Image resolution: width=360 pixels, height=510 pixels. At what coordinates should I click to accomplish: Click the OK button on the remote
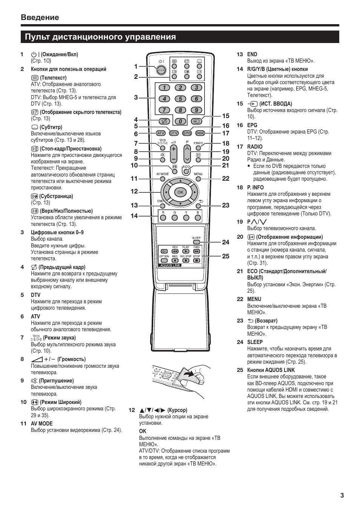pos(180,192)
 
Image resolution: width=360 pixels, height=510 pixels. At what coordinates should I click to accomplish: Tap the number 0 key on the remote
pos(180,121)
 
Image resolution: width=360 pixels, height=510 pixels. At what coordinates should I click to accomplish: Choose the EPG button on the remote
pos(187,133)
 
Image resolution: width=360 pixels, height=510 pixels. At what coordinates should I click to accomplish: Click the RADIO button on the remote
pos(200,133)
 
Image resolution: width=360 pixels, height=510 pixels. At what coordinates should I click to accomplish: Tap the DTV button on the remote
pos(174,133)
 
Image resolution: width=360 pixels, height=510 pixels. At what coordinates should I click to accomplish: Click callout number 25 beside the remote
pos(226,256)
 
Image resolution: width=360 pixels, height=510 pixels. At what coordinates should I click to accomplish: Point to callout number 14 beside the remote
pos(134,216)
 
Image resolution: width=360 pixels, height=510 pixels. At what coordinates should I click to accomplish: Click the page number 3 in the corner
pos(342,496)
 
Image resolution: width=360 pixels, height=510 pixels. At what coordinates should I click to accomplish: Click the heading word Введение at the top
pos(40,17)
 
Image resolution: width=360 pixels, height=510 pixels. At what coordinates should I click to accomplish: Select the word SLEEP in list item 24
pos(255,342)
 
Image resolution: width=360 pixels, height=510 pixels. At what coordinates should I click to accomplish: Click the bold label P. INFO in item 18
pos(255,187)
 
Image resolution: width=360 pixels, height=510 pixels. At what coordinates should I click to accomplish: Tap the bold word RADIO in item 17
pos(255,147)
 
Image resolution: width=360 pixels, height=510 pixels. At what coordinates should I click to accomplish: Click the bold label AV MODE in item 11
pos(42,424)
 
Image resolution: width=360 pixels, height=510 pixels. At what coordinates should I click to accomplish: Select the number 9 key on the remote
pos(196,110)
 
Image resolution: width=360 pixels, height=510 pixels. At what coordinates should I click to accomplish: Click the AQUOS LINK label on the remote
pos(171,265)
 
